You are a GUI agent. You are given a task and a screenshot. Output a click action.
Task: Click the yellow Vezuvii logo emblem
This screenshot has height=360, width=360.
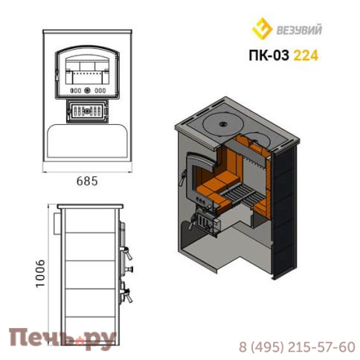click(x=262, y=28)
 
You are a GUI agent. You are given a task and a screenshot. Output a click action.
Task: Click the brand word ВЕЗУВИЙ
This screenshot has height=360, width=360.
click(x=299, y=30)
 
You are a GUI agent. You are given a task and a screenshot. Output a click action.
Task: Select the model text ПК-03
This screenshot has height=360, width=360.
click(x=269, y=55)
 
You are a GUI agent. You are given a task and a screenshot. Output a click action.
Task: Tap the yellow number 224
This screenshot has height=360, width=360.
click(x=306, y=55)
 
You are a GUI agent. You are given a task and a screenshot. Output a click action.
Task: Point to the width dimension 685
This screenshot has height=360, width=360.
click(x=87, y=181)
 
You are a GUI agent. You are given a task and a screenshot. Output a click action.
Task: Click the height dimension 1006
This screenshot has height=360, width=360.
click(x=40, y=274)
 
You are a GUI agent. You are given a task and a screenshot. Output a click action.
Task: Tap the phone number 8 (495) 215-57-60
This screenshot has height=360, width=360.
click(x=297, y=347)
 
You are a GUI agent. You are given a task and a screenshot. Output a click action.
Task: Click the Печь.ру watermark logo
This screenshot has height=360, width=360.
click(x=62, y=338)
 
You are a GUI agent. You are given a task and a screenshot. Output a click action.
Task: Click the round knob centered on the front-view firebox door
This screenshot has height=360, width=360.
click(x=87, y=91)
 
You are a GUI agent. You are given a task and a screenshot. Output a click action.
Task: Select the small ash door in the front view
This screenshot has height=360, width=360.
click(x=87, y=111)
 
